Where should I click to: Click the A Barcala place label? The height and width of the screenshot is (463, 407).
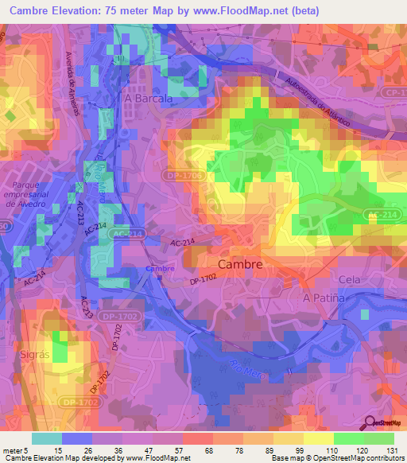(149, 98)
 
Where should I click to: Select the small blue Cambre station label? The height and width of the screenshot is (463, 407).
(160, 269)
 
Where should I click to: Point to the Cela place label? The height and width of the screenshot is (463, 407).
(350, 279)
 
